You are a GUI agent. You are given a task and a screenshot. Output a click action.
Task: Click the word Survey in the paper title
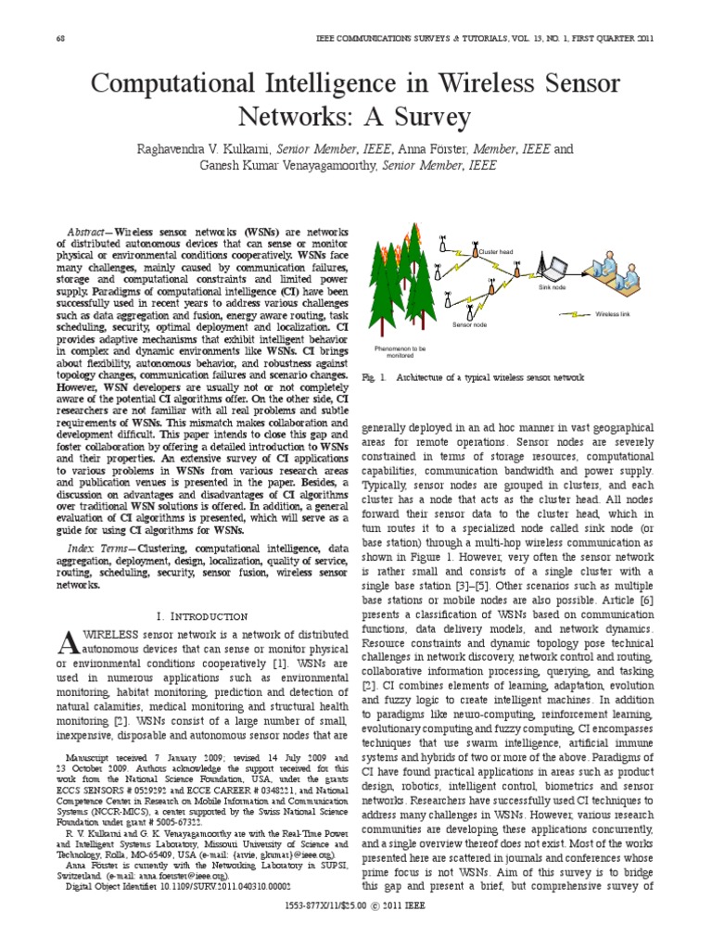click(x=431, y=118)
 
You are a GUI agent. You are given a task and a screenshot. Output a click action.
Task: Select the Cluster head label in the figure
click(x=495, y=251)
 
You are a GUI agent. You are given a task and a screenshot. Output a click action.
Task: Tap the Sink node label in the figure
click(x=552, y=288)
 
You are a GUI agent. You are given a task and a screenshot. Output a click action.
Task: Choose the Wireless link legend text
click(x=613, y=314)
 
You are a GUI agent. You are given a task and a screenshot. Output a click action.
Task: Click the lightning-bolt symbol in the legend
click(x=575, y=314)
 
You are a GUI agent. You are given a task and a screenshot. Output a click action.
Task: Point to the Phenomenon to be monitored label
click(x=400, y=351)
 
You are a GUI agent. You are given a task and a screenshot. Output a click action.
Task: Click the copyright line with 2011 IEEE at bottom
click(x=356, y=930)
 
